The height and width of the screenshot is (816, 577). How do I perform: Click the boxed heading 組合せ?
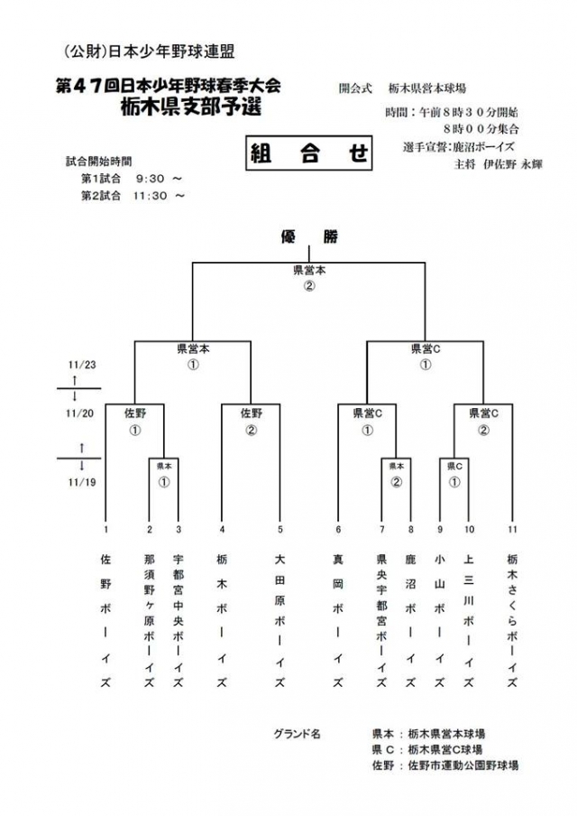coord(308,153)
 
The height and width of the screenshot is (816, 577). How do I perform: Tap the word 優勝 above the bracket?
coord(308,237)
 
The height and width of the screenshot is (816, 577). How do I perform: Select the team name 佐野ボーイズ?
coord(105,621)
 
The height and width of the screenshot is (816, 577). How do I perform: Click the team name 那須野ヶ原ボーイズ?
coord(150,621)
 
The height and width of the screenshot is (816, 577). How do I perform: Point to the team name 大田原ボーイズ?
coord(280,621)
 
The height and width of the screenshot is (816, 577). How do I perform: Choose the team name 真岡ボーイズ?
coord(338,621)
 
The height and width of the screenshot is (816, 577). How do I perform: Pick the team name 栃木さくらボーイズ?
coord(512,621)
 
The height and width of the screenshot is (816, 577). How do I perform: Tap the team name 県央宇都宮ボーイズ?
coord(381,621)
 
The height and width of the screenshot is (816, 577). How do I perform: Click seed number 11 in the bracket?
coord(512,529)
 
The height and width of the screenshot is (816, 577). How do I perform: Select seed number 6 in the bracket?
coord(338,529)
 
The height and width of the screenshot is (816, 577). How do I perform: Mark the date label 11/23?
coord(81,364)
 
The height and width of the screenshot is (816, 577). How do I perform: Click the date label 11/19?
coord(81,482)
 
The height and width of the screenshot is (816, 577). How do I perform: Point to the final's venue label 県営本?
coord(308,270)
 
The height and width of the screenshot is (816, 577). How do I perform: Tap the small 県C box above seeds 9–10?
coord(454,467)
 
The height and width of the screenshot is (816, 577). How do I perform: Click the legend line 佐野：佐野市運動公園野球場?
coord(444,765)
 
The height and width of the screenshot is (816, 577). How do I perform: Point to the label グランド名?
coord(297,734)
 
